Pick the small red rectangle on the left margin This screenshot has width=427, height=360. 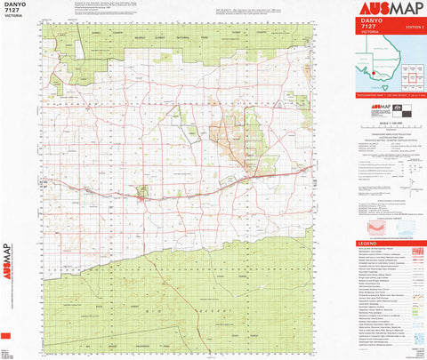[6, 335]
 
